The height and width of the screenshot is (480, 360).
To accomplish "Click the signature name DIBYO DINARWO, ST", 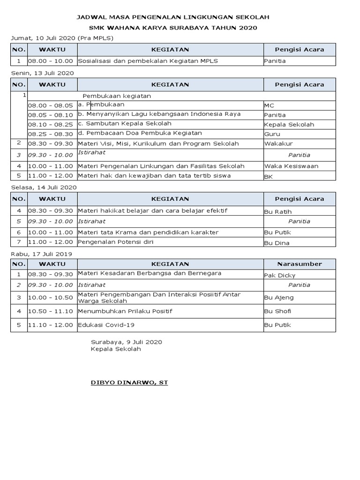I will (129, 382).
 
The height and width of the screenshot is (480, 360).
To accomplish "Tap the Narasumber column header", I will (300, 264).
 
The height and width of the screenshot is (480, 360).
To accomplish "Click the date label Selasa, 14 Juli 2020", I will (44, 187).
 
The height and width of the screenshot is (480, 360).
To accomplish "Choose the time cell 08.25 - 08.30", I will (51, 134).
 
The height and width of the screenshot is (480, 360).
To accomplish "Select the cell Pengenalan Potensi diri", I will (116, 242).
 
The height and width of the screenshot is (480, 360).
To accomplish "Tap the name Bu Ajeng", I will (277, 297).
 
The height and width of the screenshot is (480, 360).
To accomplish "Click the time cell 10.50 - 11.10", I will (51, 311).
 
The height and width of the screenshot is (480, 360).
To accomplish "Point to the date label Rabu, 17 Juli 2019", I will (42, 254).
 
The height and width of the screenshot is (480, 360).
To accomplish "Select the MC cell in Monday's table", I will (269, 105).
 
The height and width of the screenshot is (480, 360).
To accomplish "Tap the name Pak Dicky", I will (280, 275).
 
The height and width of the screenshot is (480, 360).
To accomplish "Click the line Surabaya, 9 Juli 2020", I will (127, 342).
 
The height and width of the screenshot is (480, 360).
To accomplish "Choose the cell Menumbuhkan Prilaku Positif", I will (125, 311).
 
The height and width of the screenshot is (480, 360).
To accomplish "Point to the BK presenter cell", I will (269, 177).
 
